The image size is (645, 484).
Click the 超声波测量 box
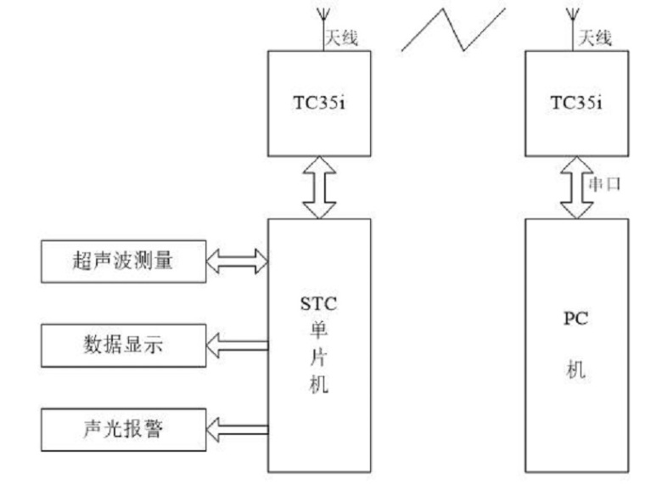122,262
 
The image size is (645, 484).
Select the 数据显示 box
122,346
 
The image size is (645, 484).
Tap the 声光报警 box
122,428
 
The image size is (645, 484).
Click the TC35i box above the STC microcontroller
319,104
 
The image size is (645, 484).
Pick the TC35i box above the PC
577,104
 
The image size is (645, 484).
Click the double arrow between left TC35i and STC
319,188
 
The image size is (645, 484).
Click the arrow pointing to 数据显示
236,345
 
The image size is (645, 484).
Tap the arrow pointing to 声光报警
236,428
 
